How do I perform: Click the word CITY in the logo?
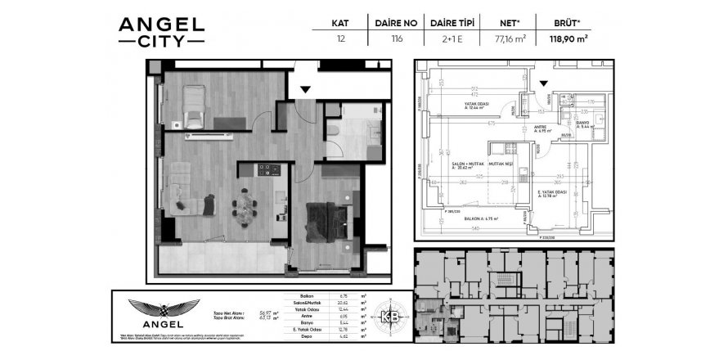click(x=161, y=38)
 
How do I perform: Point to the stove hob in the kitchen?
click(x=269, y=170)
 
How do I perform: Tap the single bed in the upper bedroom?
click(x=195, y=106)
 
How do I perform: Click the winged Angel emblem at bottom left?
click(x=164, y=310)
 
